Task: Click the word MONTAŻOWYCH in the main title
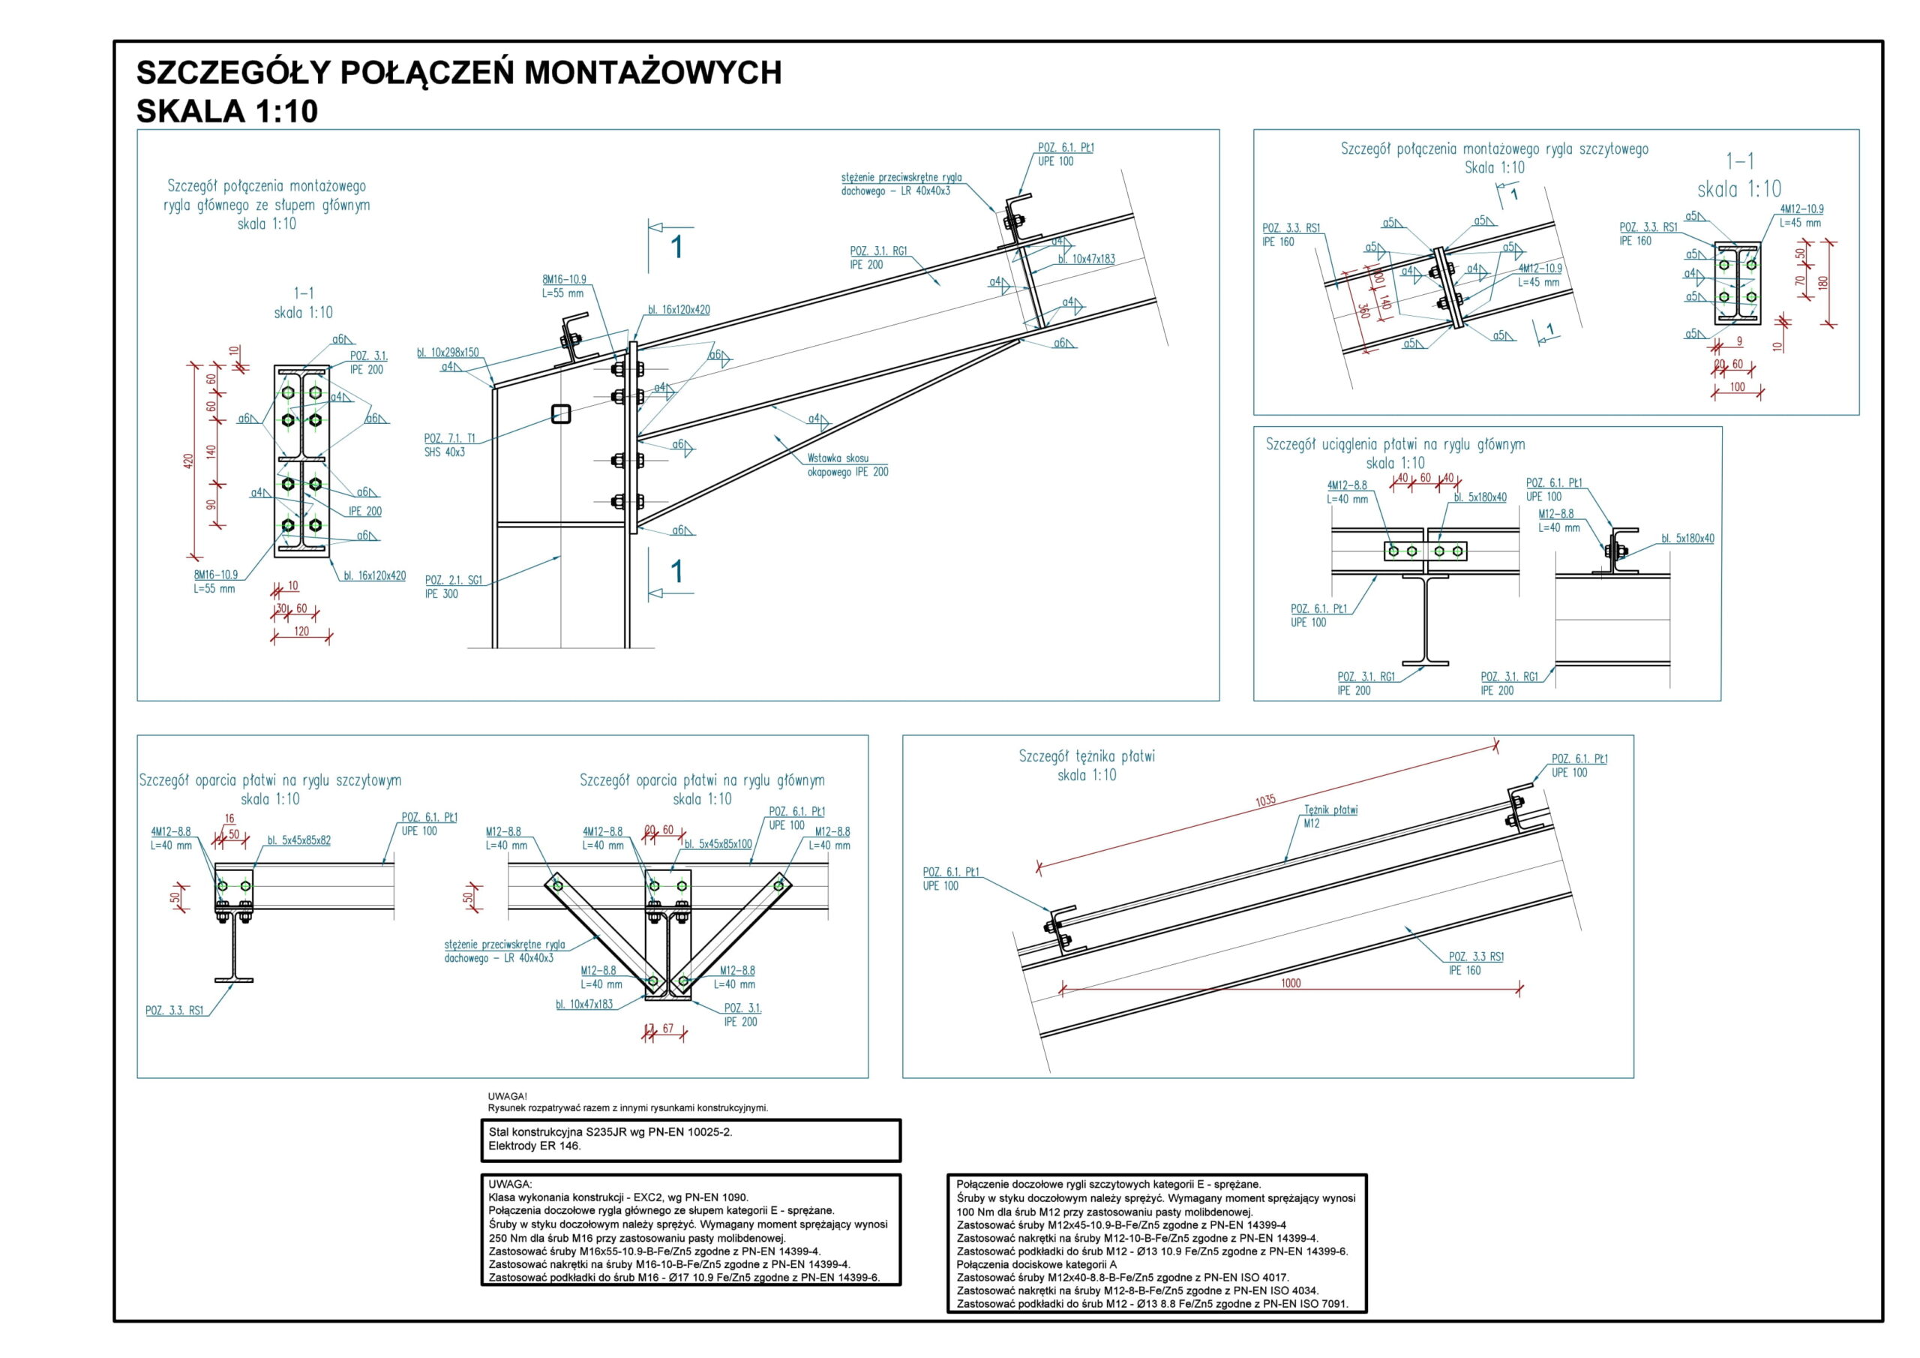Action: click(652, 74)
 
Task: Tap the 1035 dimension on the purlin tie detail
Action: click(1265, 800)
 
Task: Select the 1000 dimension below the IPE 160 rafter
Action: click(1290, 983)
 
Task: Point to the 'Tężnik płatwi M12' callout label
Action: click(1330, 816)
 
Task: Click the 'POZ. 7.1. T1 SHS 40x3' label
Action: click(450, 445)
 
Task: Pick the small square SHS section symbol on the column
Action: click(560, 413)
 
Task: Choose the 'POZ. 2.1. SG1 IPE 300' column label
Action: click(453, 587)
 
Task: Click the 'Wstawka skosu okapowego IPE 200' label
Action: click(847, 465)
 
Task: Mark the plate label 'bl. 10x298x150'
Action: click(448, 353)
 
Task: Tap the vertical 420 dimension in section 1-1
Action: click(188, 460)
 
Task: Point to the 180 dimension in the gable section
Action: click(1824, 282)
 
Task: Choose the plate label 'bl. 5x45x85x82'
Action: click(298, 840)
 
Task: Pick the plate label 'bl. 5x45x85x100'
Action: click(718, 844)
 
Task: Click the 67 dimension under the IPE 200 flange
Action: click(667, 1029)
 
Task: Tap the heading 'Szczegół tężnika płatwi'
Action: click(1086, 756)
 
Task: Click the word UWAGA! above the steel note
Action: click(507, 1096)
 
